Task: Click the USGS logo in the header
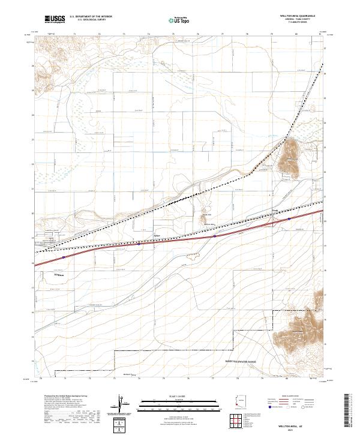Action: tap(54, 19)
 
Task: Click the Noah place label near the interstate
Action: tap(275, 211)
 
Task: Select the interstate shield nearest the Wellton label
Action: tap(62, 257)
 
